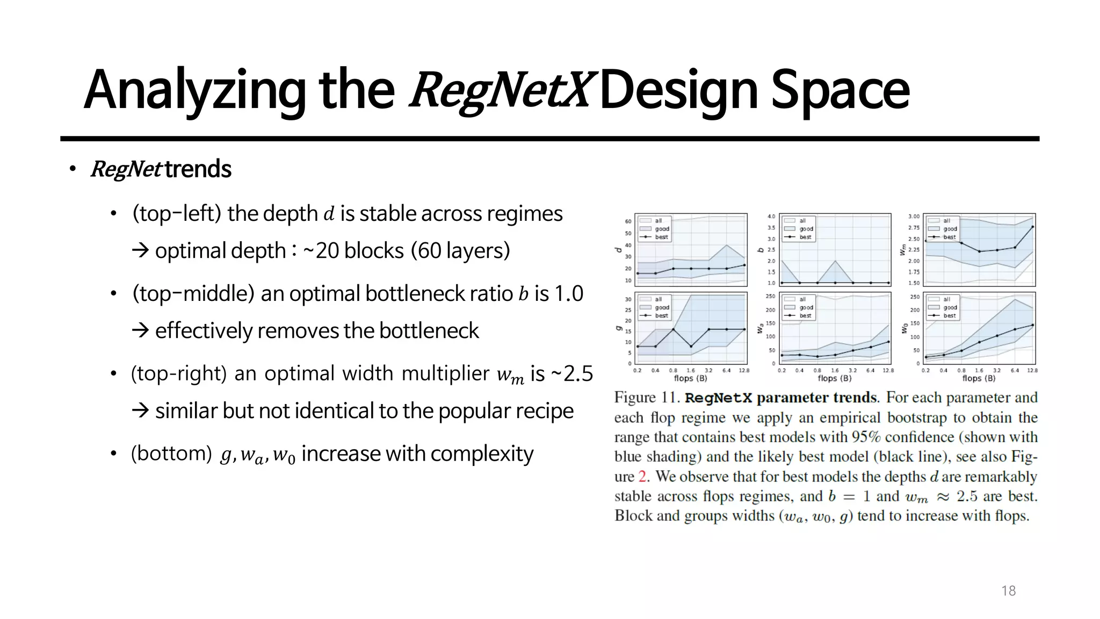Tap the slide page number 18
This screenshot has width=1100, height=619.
[x=1008, y=591]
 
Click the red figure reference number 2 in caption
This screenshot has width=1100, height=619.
[x=642, y=477]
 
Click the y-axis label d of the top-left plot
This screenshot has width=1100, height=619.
[x=618, y=250]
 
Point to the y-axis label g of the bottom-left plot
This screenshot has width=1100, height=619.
[x=618, y=328]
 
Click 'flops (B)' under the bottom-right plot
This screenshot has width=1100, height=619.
[x=979, y=378]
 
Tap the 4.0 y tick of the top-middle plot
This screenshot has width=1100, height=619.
[x=771, y=217]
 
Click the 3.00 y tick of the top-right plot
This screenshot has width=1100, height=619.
[x=914, y=217]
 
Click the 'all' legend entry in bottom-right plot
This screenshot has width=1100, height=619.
[x=946, y=299]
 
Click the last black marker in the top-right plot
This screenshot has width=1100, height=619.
[x=1032, y=227]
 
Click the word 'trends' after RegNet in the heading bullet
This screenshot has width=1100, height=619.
[x=198, y=169]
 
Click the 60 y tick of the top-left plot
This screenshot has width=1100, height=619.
[x=628, y=221]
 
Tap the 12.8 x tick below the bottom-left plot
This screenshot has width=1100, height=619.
[x=744, y=370]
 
